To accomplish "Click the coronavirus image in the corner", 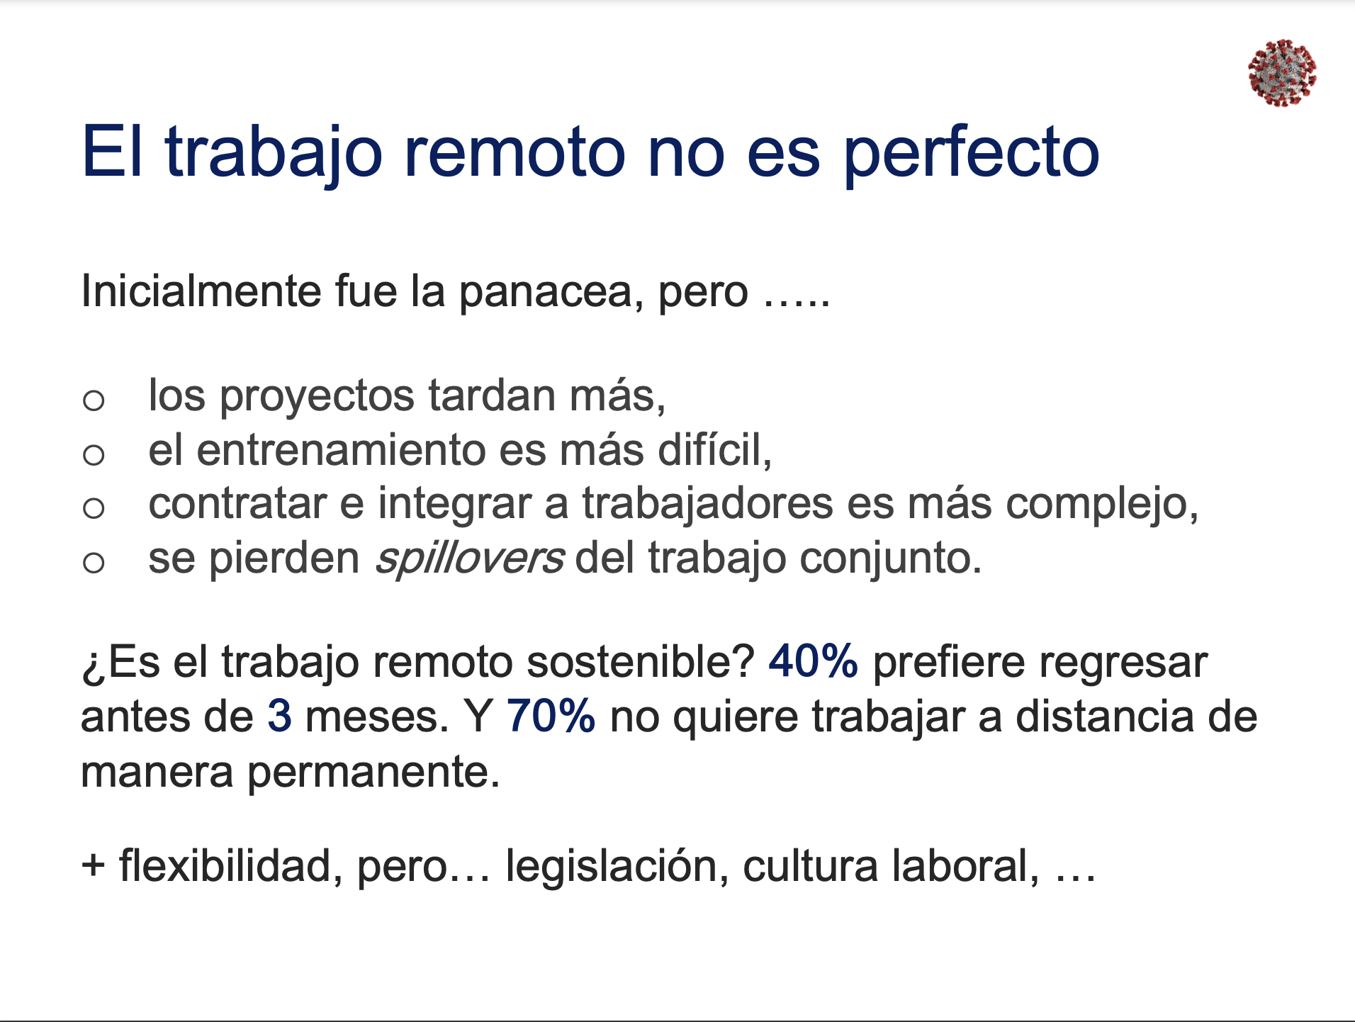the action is click(x=1282, y=73).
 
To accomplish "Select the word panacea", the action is click(x=551, y=291).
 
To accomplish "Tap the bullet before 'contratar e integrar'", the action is click(x=94, y=507).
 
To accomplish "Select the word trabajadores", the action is click(x=708, y=505).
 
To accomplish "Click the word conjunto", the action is click(x=891, y=560).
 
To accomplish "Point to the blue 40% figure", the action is click(x=813, y=662).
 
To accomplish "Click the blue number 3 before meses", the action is click(x=280, y=716).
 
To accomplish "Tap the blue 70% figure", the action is click(x=551, y=716).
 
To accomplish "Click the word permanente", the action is click(x=373, y=773).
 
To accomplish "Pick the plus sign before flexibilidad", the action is click(x=93, y=866).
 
